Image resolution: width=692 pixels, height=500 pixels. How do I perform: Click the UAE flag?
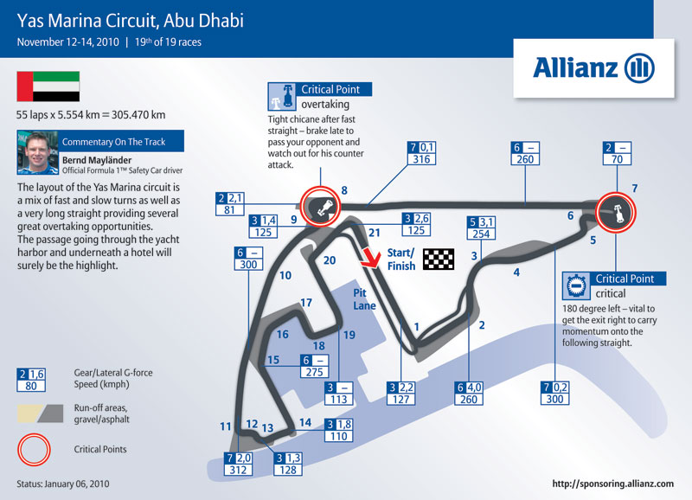coord(48,87)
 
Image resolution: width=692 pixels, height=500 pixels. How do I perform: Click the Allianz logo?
coord(593,68)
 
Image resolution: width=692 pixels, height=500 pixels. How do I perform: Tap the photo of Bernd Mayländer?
coord(37,152)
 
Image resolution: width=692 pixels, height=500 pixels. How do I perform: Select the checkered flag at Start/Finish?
coord(439,259)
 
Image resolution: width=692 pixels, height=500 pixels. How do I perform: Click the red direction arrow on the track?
coord(370,258)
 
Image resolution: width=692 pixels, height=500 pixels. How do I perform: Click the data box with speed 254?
coord(481,228)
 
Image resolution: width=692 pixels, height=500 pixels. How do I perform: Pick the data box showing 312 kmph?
coord(238,464)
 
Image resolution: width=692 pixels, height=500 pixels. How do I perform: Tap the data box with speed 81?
coord(229,203)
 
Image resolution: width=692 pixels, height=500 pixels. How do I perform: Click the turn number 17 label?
coord(306,303)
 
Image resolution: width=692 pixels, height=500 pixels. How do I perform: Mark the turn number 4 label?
coord(516,272)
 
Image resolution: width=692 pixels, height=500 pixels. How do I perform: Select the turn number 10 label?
coord(285,275)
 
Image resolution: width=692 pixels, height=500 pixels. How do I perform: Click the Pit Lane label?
coord(364,298)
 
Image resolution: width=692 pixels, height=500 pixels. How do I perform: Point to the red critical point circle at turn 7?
coord(616,212)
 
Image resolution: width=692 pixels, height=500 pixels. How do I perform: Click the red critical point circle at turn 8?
coord(320,206)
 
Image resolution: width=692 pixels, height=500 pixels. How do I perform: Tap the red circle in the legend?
coord(34,450)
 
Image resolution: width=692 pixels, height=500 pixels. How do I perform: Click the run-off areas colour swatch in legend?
coord(40,413)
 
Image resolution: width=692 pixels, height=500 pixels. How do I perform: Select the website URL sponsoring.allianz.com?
coord(612,484)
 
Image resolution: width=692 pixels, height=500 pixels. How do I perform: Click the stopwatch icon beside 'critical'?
coord(576,286)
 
